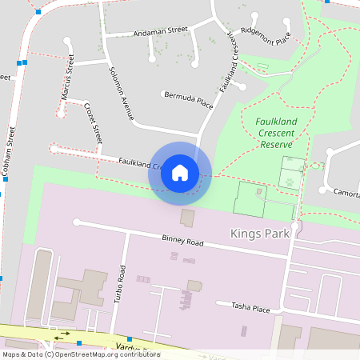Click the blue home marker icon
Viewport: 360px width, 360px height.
180,173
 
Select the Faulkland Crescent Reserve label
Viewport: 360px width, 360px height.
277,133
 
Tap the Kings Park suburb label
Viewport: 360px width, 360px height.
256,234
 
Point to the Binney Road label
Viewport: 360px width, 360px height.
183,241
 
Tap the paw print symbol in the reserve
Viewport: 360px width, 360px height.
287,181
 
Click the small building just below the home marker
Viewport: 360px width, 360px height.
187,217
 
